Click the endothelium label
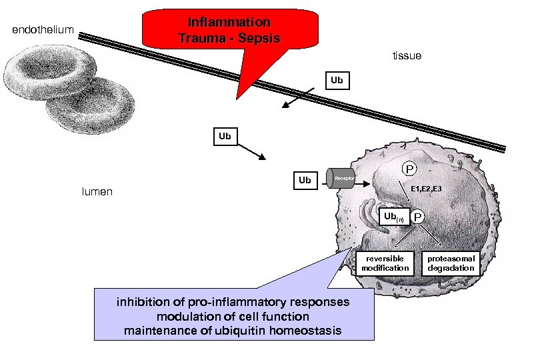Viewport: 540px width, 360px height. [43, 29]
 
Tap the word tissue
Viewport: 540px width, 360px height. [407, 56]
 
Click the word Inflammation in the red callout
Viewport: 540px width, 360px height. [229, 23]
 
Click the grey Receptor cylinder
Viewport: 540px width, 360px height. [341, 179]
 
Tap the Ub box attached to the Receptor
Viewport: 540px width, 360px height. [305, 180]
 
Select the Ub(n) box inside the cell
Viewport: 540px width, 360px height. [393, 217]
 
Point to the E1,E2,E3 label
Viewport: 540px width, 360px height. [425, 189]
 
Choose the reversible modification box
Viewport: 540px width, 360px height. [385, 263]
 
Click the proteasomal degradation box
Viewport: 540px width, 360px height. [451, 263]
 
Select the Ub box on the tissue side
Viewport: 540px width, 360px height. [337, 80]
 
